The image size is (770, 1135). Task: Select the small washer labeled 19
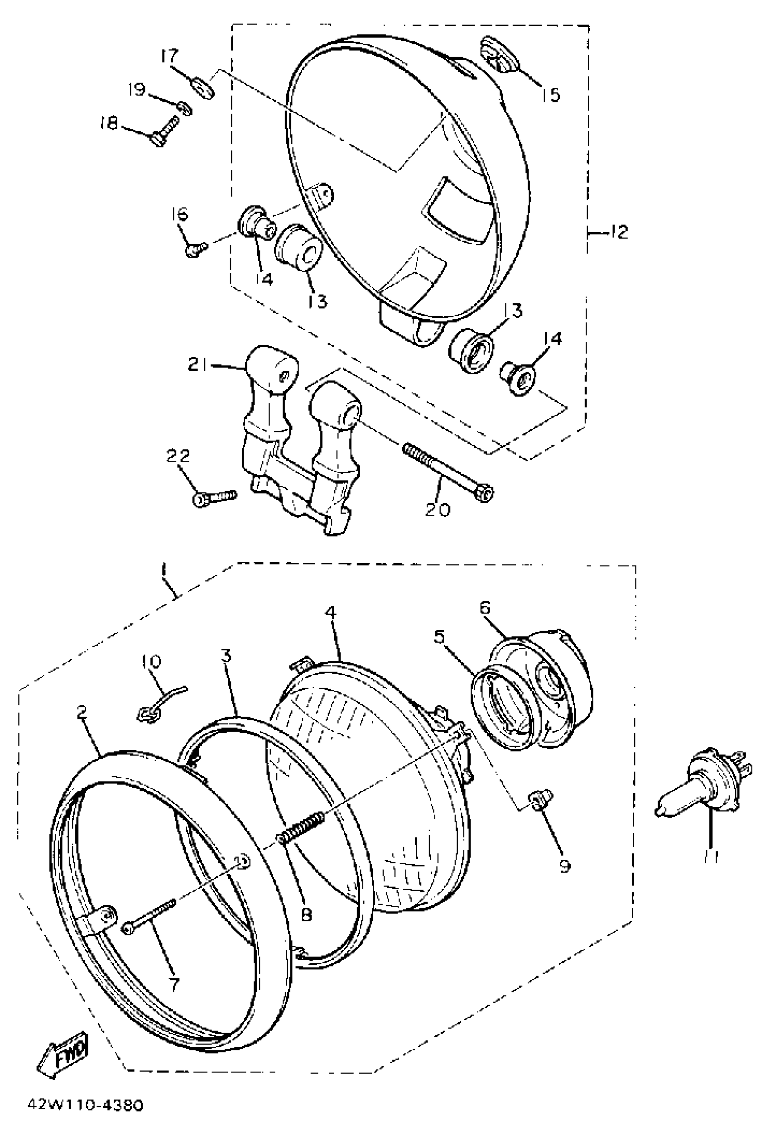point(184,107)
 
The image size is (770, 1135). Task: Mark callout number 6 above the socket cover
point(484,608)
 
